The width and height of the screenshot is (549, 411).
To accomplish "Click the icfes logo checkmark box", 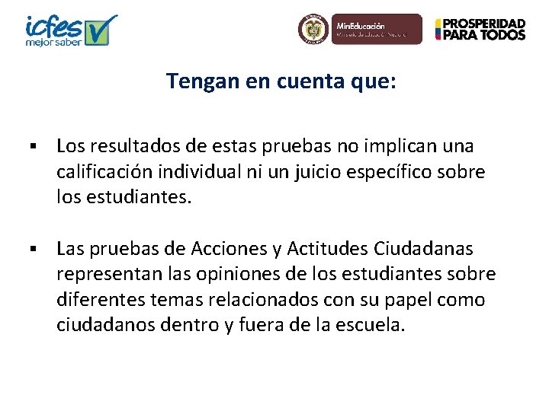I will pos(102,30).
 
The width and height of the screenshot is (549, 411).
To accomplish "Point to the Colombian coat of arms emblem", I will pos(312,30).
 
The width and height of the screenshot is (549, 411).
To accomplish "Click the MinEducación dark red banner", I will pos(377,29).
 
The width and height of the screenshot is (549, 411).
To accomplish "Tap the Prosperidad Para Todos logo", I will pos(480,30).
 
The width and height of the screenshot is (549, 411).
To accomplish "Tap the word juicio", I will pos(320,172).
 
